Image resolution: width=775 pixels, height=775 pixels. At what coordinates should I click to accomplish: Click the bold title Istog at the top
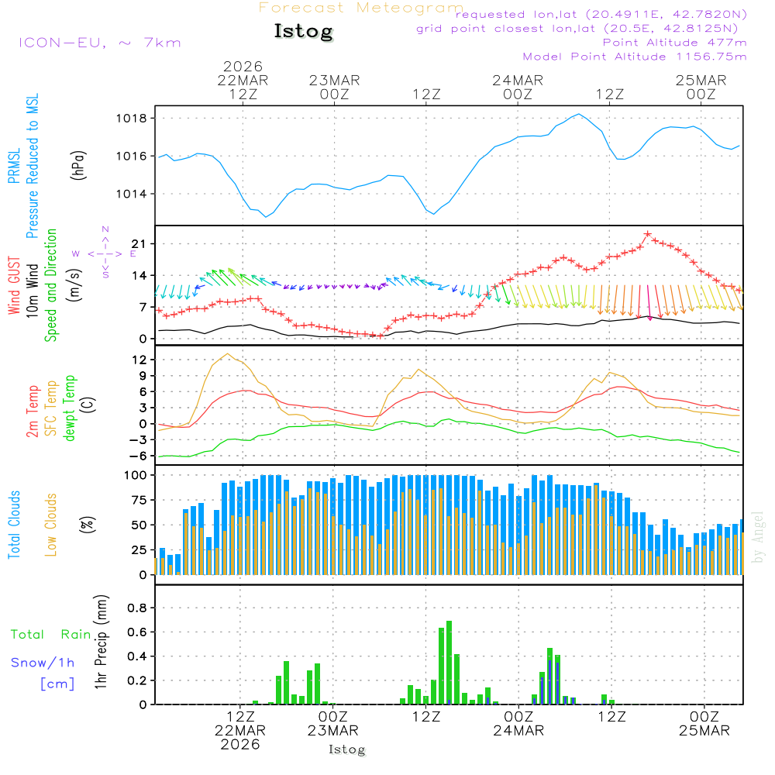tap(303, 32)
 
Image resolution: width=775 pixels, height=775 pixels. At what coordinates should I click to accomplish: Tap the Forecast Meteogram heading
tap(361, 8)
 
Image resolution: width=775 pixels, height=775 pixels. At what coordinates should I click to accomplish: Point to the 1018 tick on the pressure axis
tap(133, 119)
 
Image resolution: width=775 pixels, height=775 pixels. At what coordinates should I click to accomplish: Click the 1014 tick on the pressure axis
tap(133, 194)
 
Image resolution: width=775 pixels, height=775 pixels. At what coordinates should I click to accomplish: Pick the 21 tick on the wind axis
tap(139, 244)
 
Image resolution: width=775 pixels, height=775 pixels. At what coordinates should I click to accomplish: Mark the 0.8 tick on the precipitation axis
tap(137, 608)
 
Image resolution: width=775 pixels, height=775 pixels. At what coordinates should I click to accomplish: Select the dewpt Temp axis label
tap(71, 408)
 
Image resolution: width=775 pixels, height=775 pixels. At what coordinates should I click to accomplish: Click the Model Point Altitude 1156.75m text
tap(635, 57)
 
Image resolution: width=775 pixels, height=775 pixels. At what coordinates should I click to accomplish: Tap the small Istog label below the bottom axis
tap(346, 750)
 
